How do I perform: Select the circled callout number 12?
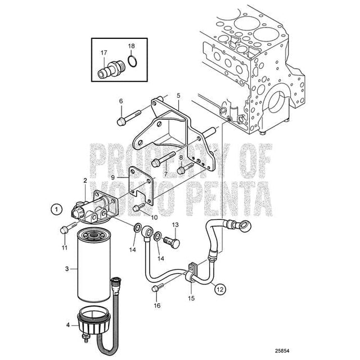(219, 289)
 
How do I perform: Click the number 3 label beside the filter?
(66, 269)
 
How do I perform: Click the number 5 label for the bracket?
(178, 96)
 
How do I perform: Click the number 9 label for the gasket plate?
(112, 177)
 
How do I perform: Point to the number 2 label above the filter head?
(85, 181)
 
